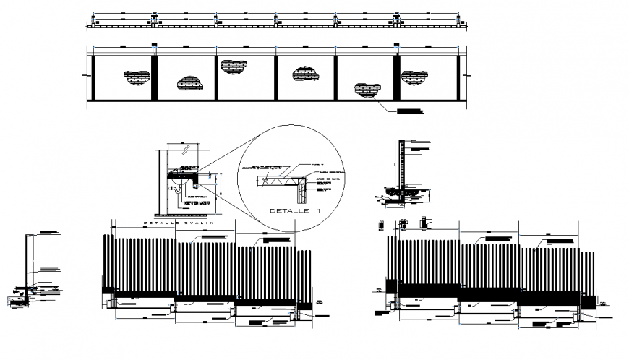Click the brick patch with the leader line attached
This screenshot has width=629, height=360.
tap(367, 90)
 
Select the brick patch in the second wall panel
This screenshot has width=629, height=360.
tap(189, 84)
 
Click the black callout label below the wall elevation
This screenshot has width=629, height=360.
tap(409, 111)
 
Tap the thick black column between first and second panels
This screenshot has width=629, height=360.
tap(154, 79)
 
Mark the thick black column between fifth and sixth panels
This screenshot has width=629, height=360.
tap(396, 79)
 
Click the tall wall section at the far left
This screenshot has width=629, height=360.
tap(27, 260)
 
